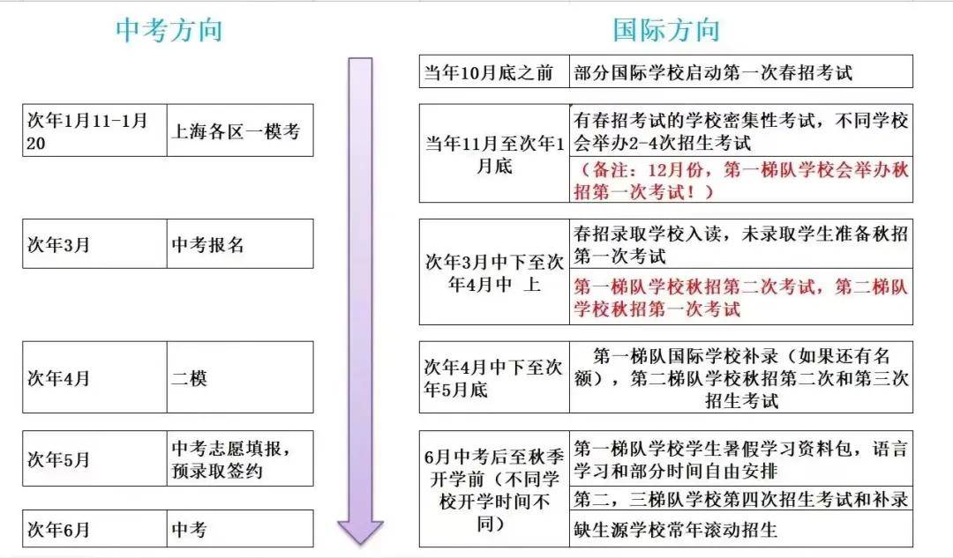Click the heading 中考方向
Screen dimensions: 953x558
(169, 30)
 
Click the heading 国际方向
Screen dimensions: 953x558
(666, 30)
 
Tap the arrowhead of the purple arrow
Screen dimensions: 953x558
(360, 532)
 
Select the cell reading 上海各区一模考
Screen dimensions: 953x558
(240, 130)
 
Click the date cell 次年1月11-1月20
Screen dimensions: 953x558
(94, 130)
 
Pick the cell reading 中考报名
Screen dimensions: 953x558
(240, 244)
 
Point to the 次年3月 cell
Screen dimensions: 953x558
(94, 244)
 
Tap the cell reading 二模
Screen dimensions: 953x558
(240, 377)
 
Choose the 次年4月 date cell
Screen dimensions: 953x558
(94, 377)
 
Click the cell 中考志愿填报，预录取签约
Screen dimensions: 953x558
(240, 458)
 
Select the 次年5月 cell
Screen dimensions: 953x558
(94, 458)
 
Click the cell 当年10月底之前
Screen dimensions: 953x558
(494, 71)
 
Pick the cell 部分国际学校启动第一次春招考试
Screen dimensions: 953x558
(741, 71)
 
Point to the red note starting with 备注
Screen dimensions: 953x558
(741, 180)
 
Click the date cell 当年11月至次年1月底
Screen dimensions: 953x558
(494, 153)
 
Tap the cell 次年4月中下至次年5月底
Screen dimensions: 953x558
(494, 377)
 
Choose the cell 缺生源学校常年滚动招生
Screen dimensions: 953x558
(741, 529)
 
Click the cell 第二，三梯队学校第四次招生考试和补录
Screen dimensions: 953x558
(741, 498)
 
